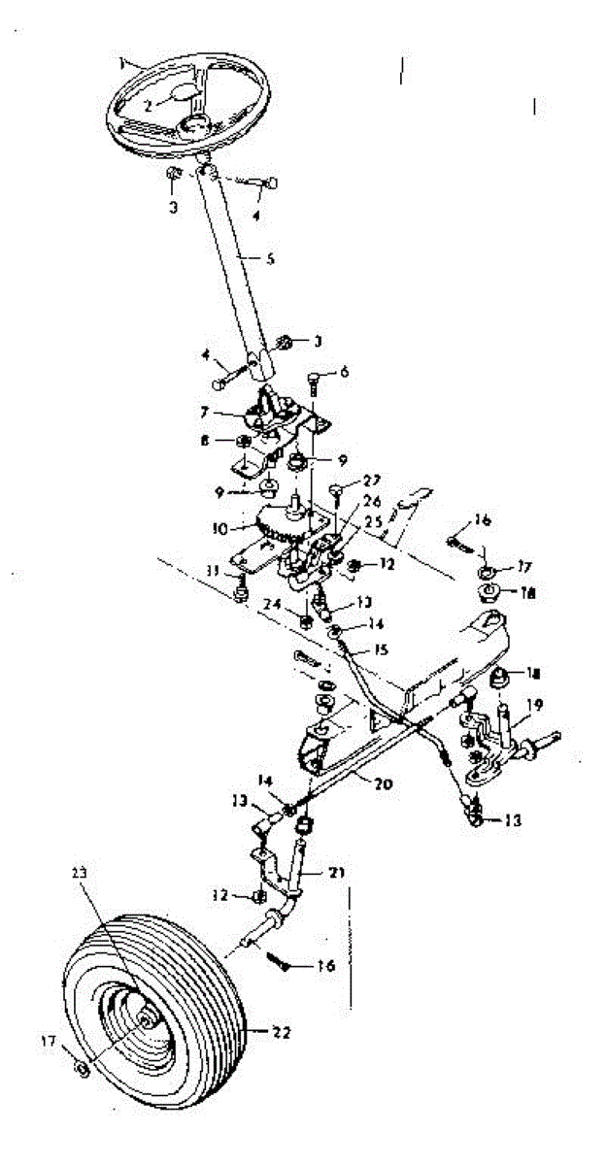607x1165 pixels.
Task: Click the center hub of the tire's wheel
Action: tap(148, 1020)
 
